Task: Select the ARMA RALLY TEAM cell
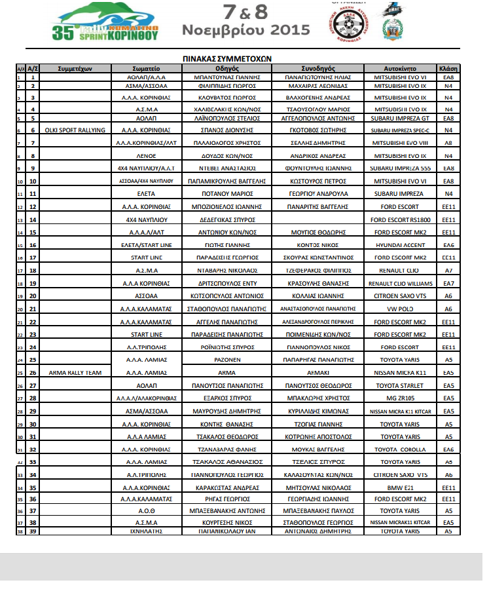(x=76, y=372)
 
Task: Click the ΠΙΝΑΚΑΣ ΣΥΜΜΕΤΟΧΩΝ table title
(x=226, y=58)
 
